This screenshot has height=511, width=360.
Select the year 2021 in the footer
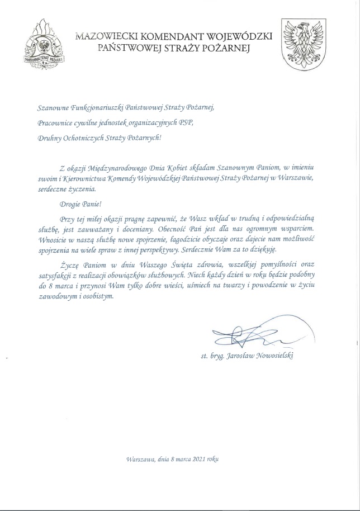[x=200, y=459]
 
